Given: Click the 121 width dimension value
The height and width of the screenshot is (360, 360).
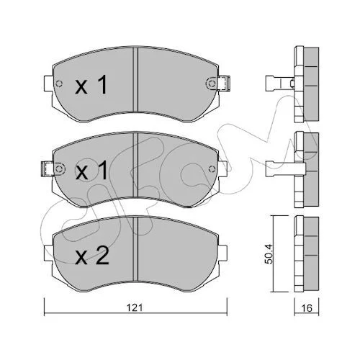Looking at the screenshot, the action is pos(135,307).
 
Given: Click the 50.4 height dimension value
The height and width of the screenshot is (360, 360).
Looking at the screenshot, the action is pos(269,254).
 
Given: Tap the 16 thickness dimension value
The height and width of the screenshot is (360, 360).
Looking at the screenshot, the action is pos(307,308).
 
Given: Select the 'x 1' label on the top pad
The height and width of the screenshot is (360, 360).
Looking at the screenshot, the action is pos(91,84).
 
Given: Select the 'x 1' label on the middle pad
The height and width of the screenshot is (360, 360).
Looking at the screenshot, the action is pos(91,170).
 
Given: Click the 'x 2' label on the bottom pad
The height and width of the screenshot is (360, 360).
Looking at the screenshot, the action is pos(92,256).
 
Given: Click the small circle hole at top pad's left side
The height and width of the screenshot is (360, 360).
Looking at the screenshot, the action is pos(59,84).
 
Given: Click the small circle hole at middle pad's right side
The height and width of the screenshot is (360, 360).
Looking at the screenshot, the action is pos(212,169).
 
